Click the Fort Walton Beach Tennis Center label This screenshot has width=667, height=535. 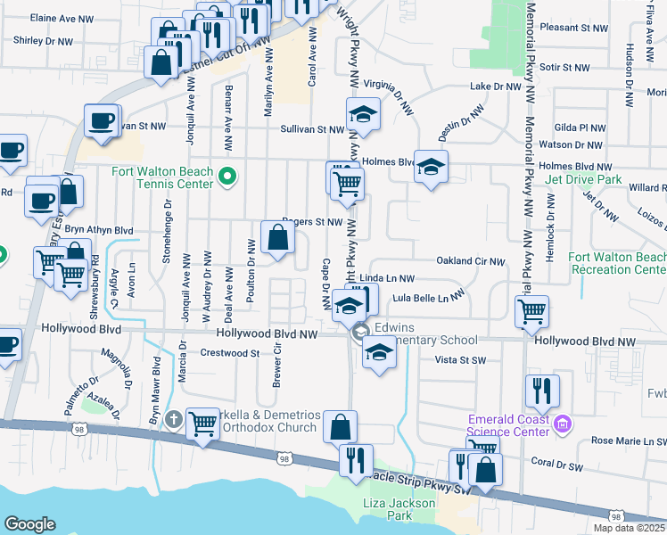[162, 177]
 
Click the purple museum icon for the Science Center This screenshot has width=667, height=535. [562, 421]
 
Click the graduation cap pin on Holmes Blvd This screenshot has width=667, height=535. [431, 167]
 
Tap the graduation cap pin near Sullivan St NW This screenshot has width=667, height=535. [363, 115]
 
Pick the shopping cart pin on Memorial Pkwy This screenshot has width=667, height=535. [531, 311]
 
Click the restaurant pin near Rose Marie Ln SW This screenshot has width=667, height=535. [542, 391]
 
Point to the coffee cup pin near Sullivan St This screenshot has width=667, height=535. [102, 119]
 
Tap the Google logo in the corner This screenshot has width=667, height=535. [29, 524]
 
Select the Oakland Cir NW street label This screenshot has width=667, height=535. [471, 261]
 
